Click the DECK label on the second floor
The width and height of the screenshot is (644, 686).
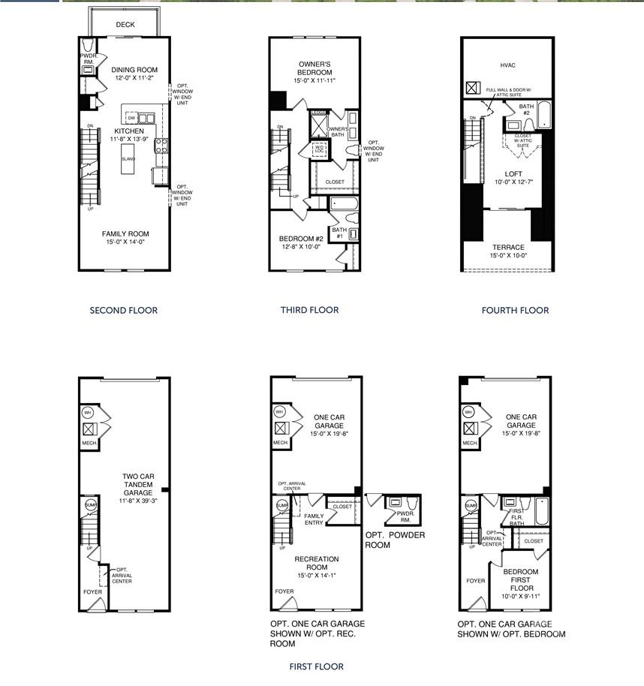pos(125,25)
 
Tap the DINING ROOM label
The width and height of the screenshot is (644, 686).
pos(125,70)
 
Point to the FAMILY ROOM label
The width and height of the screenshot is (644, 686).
pos(125,234)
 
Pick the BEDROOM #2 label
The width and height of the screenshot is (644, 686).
pos(299,239)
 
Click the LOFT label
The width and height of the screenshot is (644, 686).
pos(513,174)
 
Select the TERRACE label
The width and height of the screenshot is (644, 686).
pos(508,247)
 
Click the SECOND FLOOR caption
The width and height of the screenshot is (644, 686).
pos(124,311)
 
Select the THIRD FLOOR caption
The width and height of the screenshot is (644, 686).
pos(308,310)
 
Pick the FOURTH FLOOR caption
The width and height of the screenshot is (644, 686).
pos(515,310)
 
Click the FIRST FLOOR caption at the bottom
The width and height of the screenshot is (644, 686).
pos(316,666)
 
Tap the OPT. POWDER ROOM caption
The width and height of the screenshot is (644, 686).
pos(395,540)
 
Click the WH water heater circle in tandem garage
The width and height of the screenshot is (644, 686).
pos(88,412)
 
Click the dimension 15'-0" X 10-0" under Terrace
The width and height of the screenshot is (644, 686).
pos(508,257)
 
